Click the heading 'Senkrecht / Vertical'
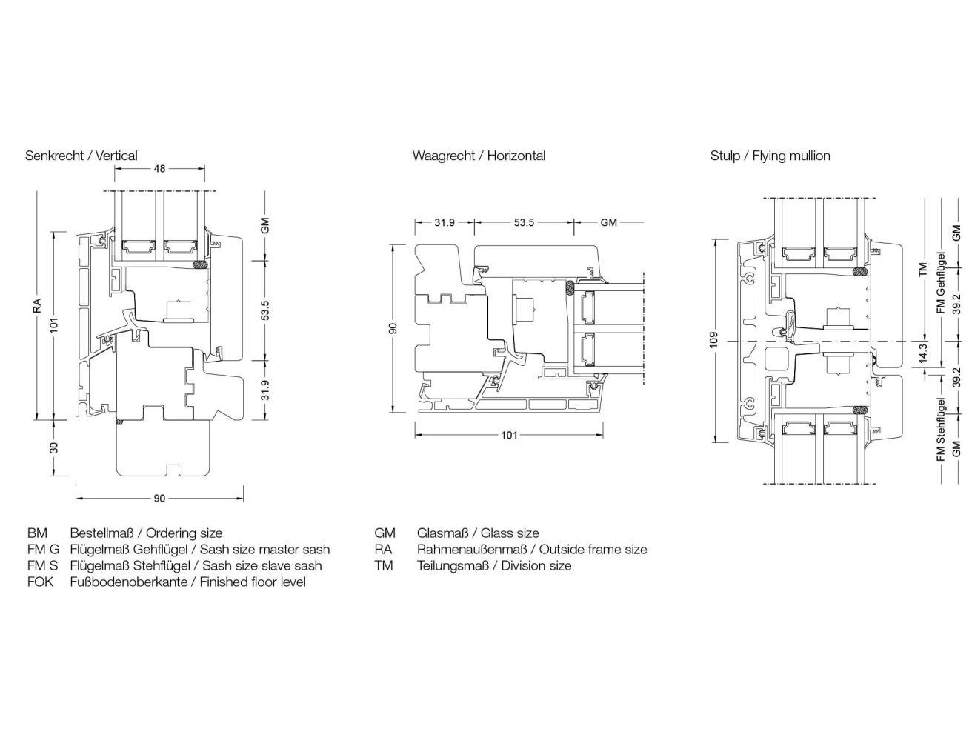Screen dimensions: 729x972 pos(81,156)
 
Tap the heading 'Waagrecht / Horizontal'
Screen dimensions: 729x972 pos(479,156)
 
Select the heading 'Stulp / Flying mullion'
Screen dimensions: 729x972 pos(770,156)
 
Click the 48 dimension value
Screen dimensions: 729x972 pos(159,169)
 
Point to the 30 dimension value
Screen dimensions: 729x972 pos(54,448)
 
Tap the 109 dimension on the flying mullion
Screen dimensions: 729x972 pos(713,340)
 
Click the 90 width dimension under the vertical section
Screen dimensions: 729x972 pos(159,499)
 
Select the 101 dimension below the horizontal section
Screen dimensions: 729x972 pos(509,435)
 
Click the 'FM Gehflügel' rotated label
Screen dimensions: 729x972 pos(942,283)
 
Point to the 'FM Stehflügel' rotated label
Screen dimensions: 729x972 pos(942,430)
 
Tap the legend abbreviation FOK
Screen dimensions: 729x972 pos(41,582)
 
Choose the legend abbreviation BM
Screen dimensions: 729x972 pos(37,533)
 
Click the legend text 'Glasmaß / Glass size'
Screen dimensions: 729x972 pos(478,533)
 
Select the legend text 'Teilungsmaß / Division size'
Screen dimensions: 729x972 pos(494,566)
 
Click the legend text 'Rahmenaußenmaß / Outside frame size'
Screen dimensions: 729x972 pos(532,550)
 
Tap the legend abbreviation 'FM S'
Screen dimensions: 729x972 pos(43,566)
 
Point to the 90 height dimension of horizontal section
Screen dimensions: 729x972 pos(393,327)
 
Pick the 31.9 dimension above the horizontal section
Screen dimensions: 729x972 pos(445,222)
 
